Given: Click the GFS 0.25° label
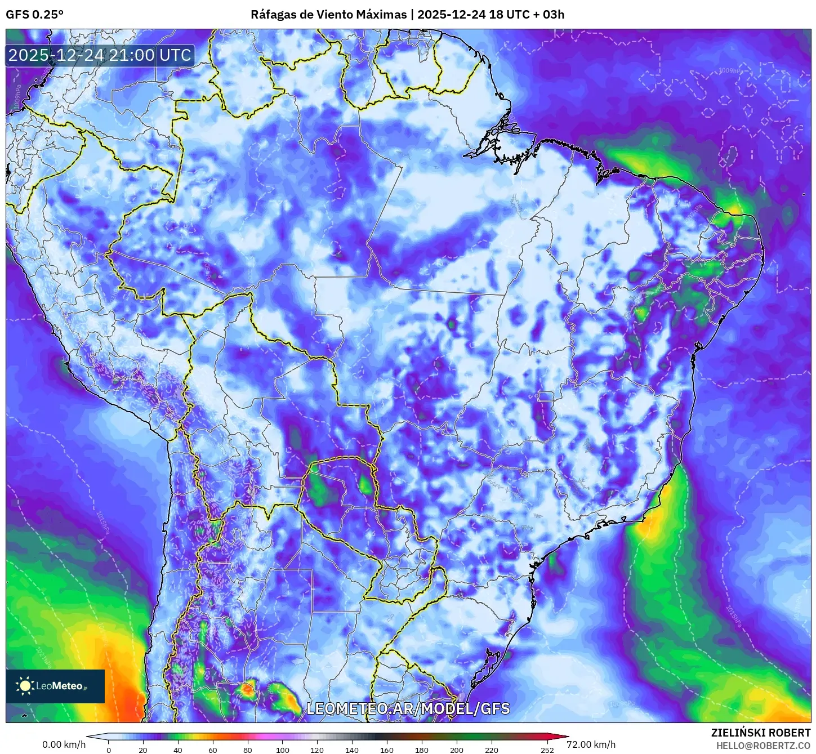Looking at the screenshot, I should tap(34, 15).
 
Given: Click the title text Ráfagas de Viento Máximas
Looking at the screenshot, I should tap(328, 15).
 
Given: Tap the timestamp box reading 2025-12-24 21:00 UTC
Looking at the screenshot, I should tap(100, 55).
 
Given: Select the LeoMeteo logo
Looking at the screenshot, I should tap(55, 686).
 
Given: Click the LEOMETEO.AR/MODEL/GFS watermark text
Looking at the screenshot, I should tap(408, 708).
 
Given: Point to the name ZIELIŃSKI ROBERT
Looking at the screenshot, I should tap(760, 733).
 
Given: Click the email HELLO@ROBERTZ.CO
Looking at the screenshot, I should tap(763, 746).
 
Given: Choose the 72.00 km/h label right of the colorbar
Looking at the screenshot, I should tap(591, 744).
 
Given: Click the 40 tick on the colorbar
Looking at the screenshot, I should tap(178, 749).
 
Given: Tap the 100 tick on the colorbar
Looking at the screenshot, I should tap(283, 749).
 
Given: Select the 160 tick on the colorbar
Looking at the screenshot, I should tap(387, 749).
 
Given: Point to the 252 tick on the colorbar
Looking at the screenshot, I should tap(547, 749).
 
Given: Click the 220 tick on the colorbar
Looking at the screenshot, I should tap(492, 749).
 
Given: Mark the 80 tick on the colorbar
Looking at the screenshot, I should tap(248, 749).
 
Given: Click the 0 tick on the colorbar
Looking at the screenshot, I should tap(109, 749).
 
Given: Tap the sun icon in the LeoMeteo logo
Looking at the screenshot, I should tap(25, 686).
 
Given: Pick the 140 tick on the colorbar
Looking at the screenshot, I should tap(353, 749).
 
